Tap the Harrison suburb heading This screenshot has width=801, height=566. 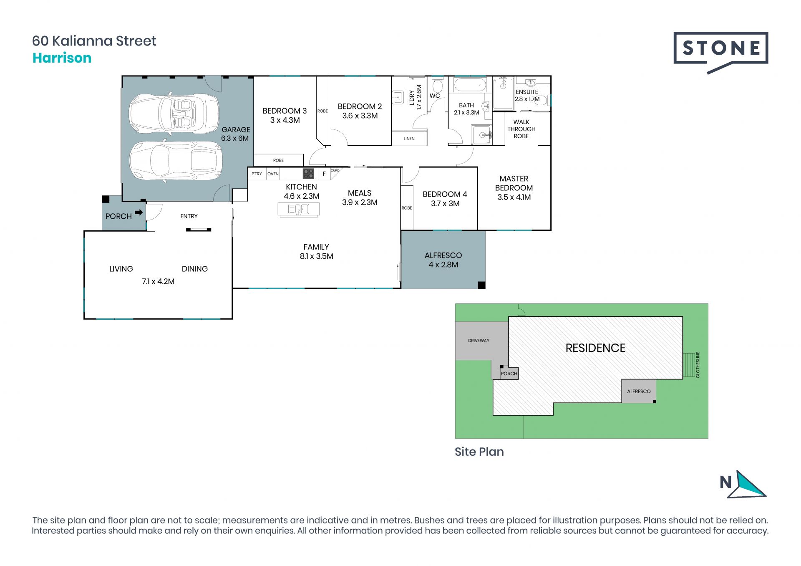[x=62, y=58]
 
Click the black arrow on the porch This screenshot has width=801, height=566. [x=139, y=212]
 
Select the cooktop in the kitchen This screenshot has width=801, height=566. [x=308, y=173]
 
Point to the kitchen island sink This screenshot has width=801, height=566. [x=298, y=209]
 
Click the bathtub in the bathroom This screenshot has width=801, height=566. [x=470, y=85]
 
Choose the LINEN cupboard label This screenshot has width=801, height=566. [x=409, y=139]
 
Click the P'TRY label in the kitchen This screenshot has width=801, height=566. [x=257, y=174]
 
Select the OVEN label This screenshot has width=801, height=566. [x=273, y=174]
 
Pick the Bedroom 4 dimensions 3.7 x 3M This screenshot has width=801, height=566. [x=445, y=203]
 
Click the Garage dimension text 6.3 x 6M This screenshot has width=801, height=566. [x=235, y=138]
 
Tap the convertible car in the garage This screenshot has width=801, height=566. [x=174, y=113]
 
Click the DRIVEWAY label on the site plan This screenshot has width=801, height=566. [x=479, y=341]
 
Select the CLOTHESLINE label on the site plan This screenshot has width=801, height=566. [x=698, y=365]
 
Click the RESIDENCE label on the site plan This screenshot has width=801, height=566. [x=595, y=348]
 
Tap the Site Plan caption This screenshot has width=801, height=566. [x=479, y=452]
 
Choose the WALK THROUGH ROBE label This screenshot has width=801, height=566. [x=521, y=129]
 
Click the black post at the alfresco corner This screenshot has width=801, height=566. [x=481, y=285]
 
